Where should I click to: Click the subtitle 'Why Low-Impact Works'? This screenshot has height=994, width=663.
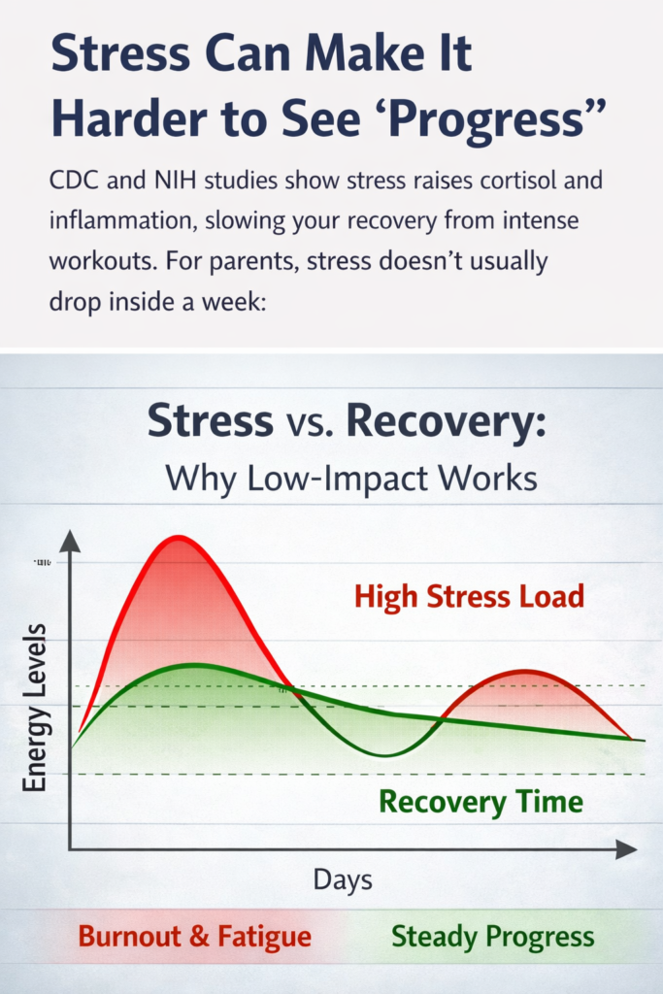click(x=351, y=478)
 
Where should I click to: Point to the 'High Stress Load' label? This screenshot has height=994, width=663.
click(x=469, y=595)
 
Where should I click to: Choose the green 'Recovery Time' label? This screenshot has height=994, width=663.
click(x=481, y=802)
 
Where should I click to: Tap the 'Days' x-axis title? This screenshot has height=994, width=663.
click(x=343, y=880)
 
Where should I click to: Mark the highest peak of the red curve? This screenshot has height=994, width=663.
click(x=178, y=537)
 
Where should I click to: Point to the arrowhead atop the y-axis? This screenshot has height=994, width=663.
click(x=70, y=542)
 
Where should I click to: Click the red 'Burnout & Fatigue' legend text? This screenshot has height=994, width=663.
click(x=194, y=937)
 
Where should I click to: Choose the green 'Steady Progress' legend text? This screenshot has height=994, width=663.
click(x=492, y=937)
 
